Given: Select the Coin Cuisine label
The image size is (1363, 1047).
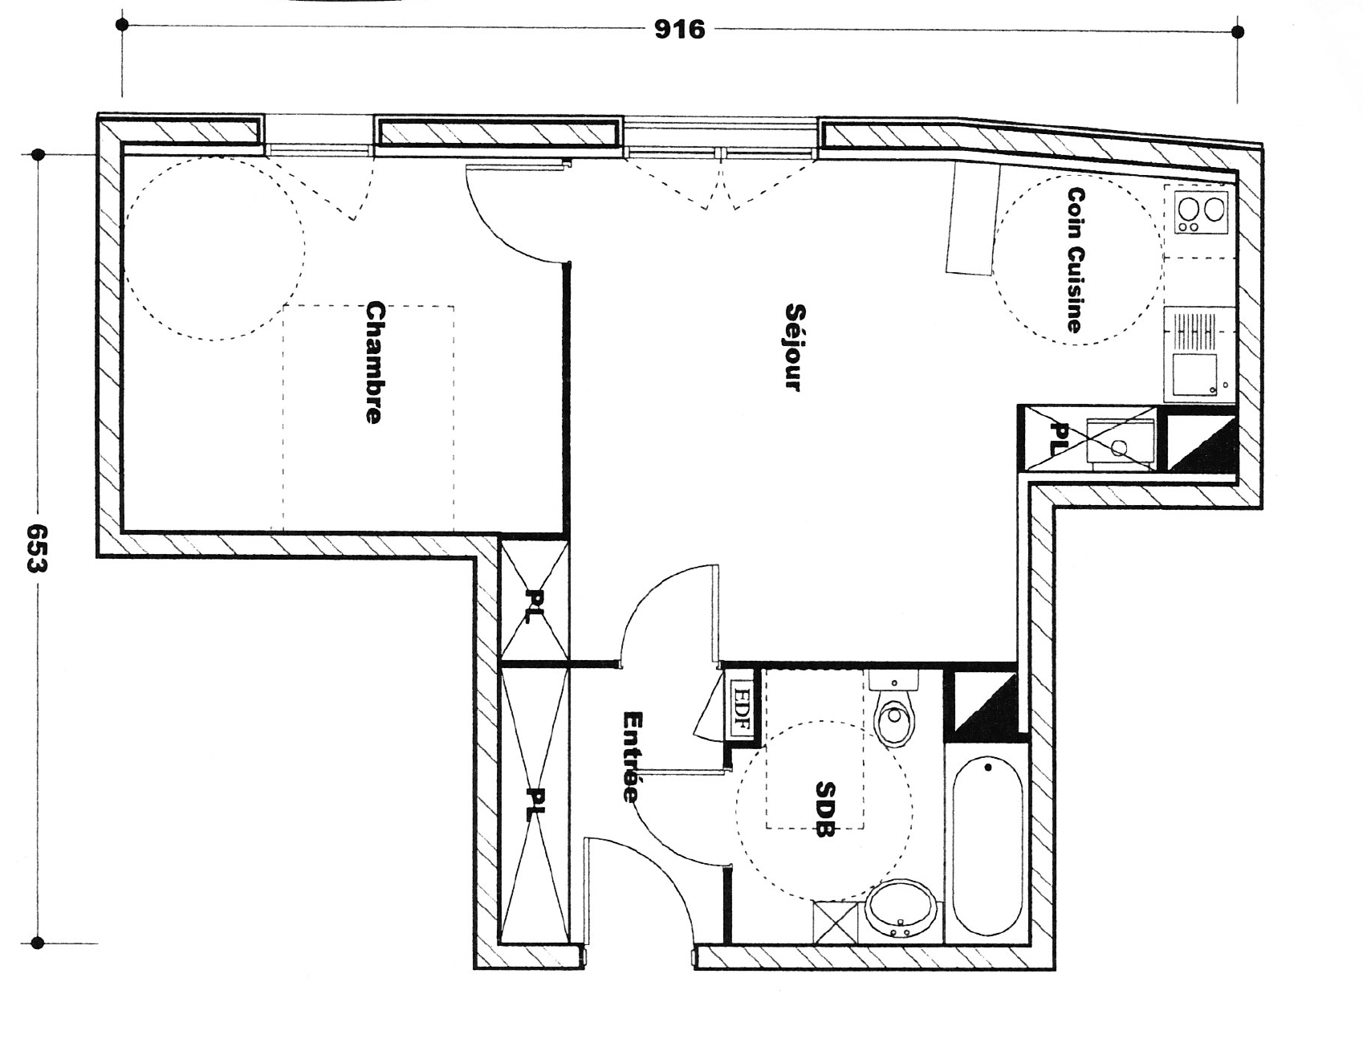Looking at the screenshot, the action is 1075,259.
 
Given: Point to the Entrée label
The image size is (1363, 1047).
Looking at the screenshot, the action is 632,756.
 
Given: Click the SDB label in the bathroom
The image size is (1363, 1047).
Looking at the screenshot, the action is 824,809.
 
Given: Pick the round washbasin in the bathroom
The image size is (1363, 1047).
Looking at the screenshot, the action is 901,911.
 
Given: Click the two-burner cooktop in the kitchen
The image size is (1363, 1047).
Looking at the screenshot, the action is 1202,211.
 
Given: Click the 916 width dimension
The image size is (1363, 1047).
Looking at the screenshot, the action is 679,30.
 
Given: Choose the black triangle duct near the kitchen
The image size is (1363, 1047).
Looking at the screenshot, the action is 1201,445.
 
